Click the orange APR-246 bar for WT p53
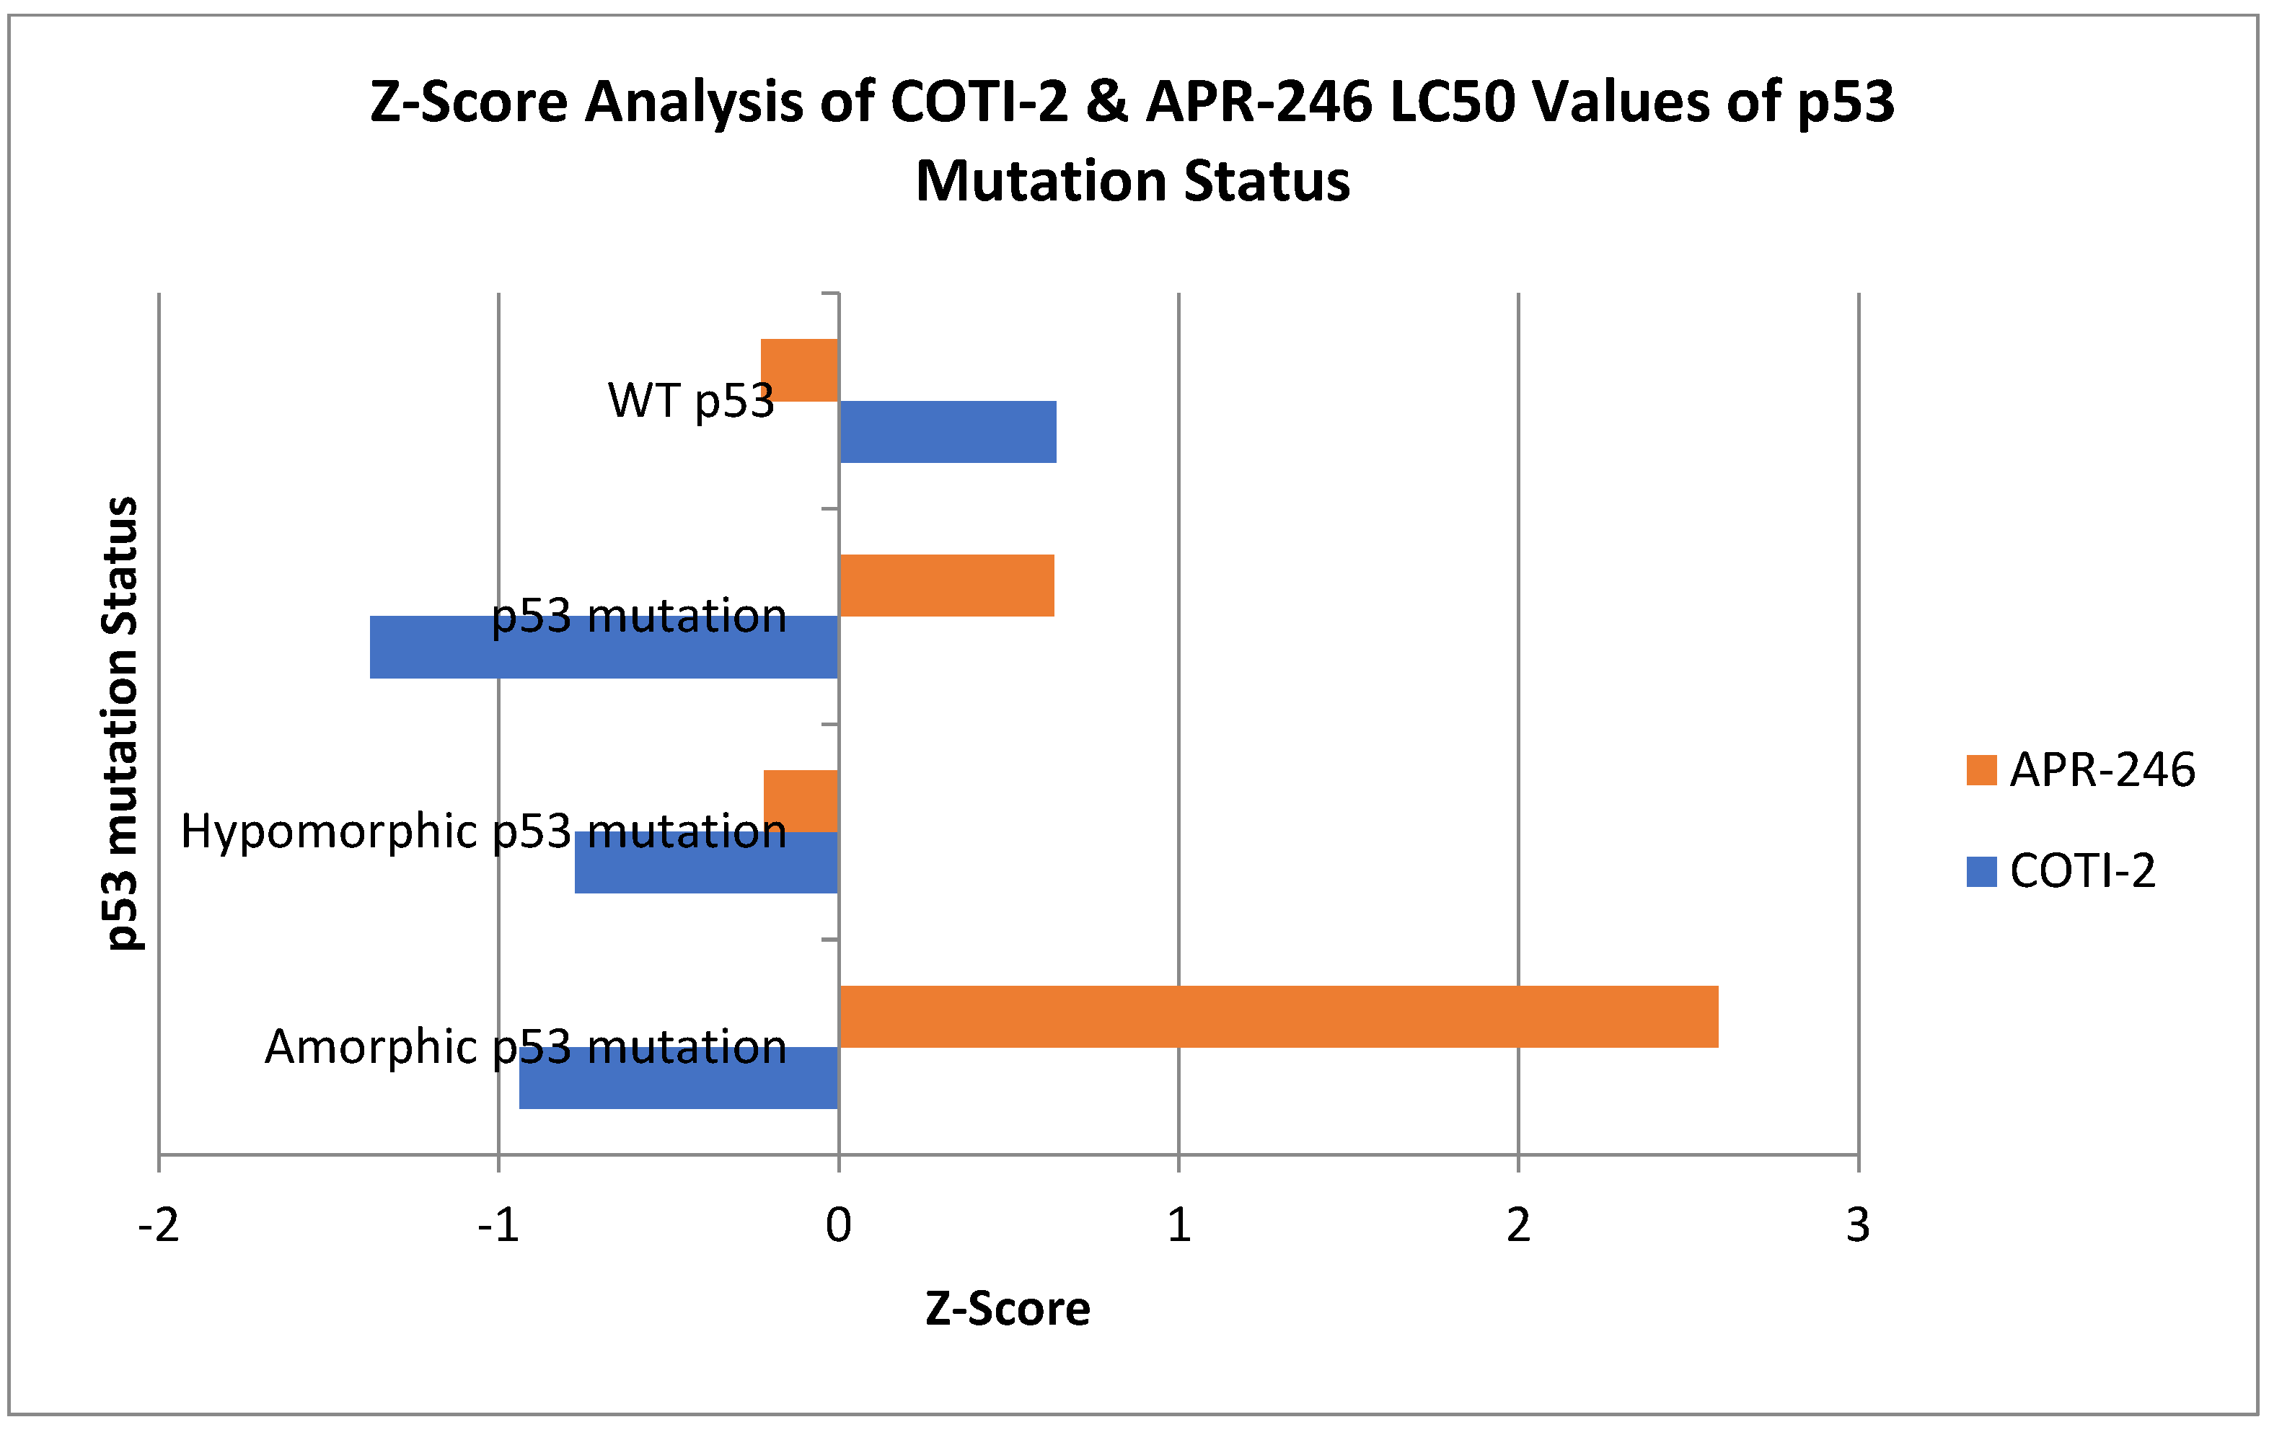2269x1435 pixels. click(799, 369)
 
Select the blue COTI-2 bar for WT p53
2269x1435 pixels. click(947, 431)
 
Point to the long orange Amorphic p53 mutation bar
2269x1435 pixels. click(1278, 1017)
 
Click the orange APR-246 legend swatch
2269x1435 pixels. click(1982, 770)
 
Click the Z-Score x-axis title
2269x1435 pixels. click(1008, 1309)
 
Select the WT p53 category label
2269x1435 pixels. click(691, 400)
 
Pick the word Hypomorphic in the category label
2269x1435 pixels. click(329, 831)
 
